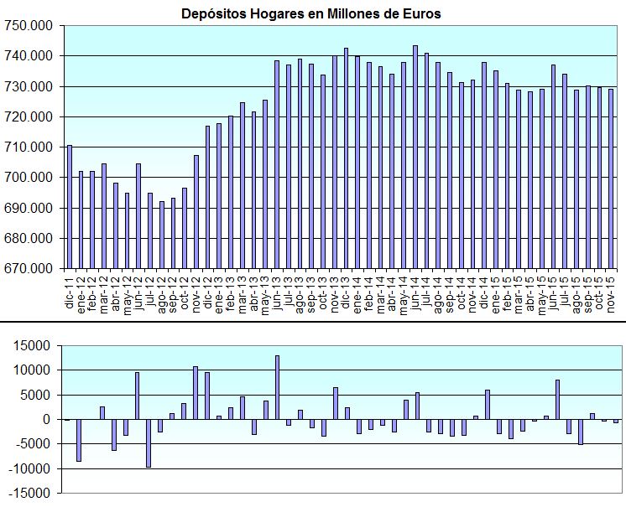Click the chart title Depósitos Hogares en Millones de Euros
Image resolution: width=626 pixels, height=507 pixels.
point(311,13)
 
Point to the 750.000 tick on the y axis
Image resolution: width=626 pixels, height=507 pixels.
point(31,25)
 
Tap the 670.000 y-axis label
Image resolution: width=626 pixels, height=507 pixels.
point(31,269)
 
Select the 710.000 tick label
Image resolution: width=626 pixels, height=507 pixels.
point(31,147)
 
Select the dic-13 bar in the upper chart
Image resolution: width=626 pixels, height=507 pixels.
point(346,158)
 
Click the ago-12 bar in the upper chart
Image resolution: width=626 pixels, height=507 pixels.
point(162,235)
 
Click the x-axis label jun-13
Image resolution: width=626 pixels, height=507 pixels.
point(277,293)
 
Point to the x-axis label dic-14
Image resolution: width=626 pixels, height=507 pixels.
point(484,292)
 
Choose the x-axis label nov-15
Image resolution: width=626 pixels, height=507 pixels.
point(611,293)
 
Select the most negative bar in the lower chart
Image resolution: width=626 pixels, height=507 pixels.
point(150,443)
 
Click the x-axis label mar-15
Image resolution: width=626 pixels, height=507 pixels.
point(519,293)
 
